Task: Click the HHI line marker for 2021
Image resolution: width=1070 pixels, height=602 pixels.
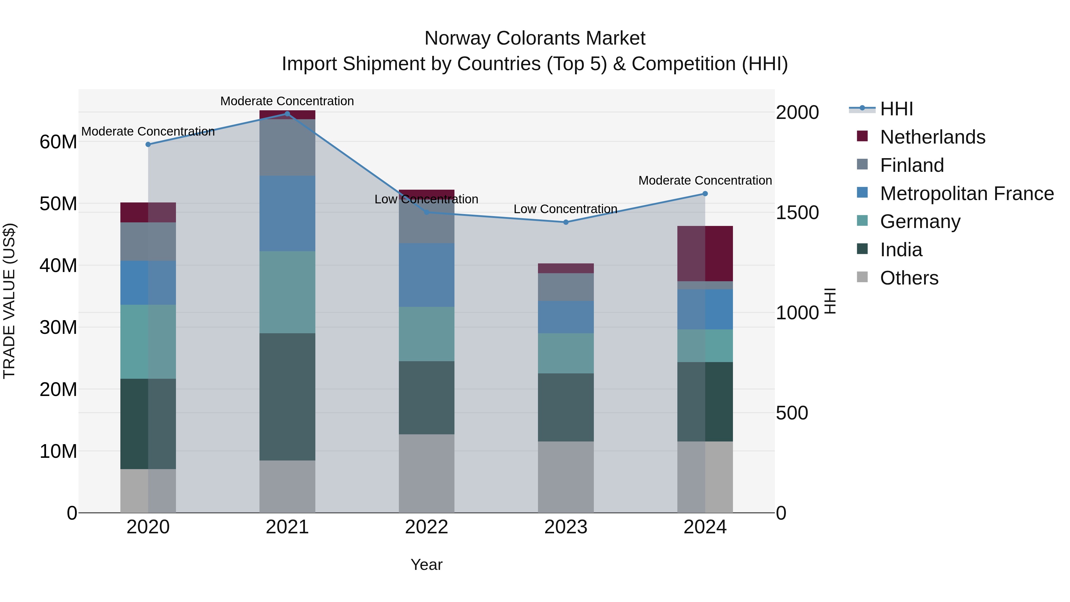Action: pos(287,114)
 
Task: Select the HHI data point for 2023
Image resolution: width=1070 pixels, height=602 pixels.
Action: pos(566,222)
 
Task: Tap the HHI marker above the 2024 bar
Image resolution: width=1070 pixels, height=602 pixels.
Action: pos(705,194)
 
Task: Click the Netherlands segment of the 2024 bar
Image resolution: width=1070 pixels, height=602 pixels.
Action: pos(705,253)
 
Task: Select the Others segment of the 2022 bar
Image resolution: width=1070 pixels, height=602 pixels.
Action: pos(427,473)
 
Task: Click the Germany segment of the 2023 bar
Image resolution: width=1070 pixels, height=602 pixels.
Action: pos(566,353)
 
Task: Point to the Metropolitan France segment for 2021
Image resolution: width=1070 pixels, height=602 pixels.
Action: pos(287,213)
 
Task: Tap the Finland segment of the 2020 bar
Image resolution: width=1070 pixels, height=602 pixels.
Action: pos(148,241)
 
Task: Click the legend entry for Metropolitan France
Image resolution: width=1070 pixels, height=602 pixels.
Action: pos(966,194)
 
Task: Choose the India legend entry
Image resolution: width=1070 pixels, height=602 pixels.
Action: pos(901,250)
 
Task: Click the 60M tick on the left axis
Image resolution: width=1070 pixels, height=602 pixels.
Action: pos(58,142)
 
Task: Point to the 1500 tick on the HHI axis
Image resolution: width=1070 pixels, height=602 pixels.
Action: pos(797,213)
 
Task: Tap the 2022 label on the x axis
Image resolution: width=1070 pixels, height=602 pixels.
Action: pos(427,527)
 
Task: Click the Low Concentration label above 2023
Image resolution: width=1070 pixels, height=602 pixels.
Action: pos(565,209)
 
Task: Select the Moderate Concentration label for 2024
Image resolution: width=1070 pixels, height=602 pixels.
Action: pos(705,181)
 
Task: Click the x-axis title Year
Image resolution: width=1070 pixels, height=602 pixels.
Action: pos(427,565)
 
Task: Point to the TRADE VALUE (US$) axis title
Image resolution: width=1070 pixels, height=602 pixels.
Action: pos(9,301)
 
